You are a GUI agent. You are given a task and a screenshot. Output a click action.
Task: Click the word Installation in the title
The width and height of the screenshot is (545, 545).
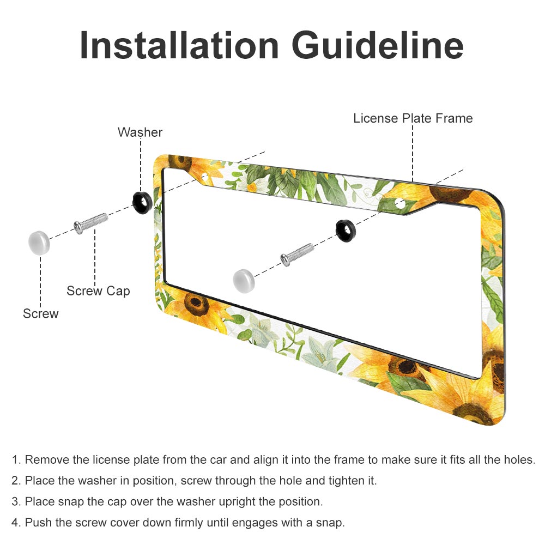click(x=179, y=46)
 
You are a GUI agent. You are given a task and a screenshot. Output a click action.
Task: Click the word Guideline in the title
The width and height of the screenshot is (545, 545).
click(x=378, y=46)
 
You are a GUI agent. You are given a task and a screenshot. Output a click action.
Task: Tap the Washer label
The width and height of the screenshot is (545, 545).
click(x=140, y=132)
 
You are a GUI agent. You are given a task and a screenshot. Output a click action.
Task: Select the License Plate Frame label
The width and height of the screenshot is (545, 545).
click(x=413, y=118)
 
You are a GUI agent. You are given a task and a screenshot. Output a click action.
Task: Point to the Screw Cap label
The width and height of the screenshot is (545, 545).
click(x=98, y=291)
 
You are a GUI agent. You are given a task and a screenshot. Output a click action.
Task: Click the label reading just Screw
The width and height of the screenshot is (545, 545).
click(x=41, y=313)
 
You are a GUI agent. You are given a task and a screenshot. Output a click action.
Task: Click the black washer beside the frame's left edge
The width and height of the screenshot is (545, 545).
click(x=142, y=202)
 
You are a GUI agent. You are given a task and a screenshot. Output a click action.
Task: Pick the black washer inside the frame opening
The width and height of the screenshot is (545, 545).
click(x=346, y=231)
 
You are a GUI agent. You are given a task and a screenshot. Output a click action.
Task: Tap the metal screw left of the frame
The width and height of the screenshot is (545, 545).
click(x=90, y=223)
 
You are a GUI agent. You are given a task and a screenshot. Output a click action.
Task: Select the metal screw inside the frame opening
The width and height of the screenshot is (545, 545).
click(x=297, y=255)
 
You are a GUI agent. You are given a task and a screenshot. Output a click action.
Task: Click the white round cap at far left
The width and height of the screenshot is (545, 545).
click(x=39, y=243)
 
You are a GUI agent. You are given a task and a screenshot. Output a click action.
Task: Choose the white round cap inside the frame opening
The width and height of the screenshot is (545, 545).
click(x=244, y=281)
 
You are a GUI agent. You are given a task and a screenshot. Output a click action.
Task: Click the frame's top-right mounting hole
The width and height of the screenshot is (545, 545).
click(x=400, y=204)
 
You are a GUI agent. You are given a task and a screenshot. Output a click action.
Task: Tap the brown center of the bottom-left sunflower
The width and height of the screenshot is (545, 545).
click(x=196, y=302)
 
